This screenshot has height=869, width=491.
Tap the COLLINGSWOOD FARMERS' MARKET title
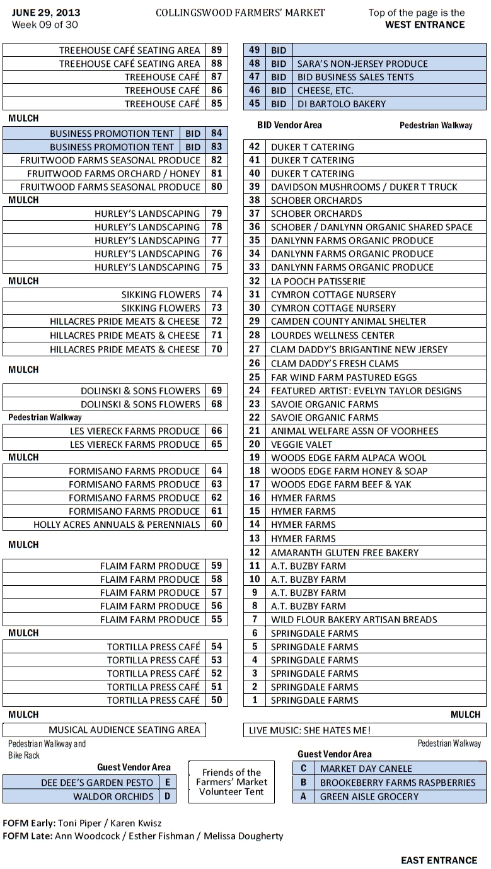[240, 13]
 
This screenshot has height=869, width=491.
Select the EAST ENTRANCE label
[439, 860]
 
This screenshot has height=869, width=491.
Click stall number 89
[217, 50]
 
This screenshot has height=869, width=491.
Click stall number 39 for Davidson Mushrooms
[255, 187]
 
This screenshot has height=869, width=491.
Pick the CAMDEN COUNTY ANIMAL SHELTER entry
[348, 322]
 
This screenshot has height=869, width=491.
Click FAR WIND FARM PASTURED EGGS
[344, 377]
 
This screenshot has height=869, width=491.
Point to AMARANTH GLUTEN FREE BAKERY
[344, 552]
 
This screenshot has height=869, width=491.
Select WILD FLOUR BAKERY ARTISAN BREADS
[354, 620]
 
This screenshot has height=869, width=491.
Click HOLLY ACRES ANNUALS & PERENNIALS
[117, 525]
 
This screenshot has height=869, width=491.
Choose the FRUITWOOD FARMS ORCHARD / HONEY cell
[113, 173]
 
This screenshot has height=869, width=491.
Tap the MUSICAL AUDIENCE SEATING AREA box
[124, 730]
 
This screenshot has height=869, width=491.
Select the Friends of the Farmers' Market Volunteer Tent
[232, 782]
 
